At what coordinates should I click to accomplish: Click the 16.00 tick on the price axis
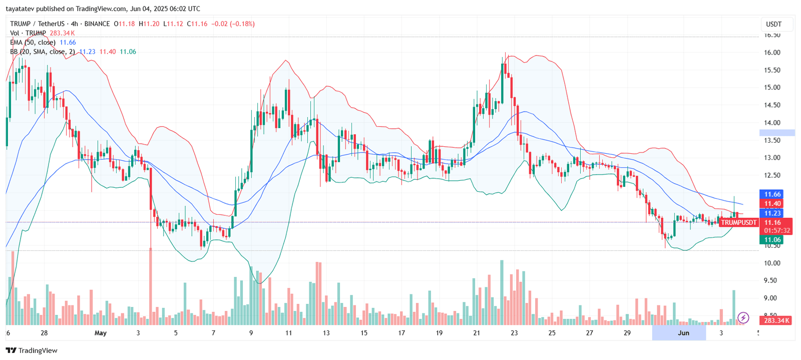[x=772, y=53]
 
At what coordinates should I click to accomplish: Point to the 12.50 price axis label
[x=772, y=175]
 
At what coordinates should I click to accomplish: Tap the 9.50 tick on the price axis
[x=772, y=280]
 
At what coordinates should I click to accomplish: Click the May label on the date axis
[x=101, y=333]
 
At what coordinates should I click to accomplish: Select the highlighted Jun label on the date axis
[x=683, y=333]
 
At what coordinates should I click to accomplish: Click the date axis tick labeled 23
[x=514, y=333]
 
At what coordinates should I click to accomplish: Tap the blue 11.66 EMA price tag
[x=772, y=194]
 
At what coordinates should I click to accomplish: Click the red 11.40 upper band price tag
[x=772, y=204]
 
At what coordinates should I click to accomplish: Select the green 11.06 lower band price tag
[x=772, y=240]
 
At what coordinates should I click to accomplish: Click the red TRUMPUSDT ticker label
[x=738, y=223]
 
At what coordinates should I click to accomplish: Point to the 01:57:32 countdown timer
[x=777, y=231]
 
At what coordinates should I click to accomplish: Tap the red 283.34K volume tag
[x=776, y=320]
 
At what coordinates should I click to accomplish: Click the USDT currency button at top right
[x=773, y=24]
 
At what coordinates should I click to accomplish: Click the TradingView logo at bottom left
[x=32, y=350]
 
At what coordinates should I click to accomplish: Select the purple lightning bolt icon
[x=743, y=317]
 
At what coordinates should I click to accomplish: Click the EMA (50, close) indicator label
[x=33, y=43]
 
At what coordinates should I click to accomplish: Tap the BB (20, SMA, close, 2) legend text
[x=43, y=52]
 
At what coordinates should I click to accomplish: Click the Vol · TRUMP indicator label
[x=28, y=33]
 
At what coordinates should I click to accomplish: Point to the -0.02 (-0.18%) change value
[x=233, y=24]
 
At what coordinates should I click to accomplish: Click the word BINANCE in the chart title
[x=97, y=24]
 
